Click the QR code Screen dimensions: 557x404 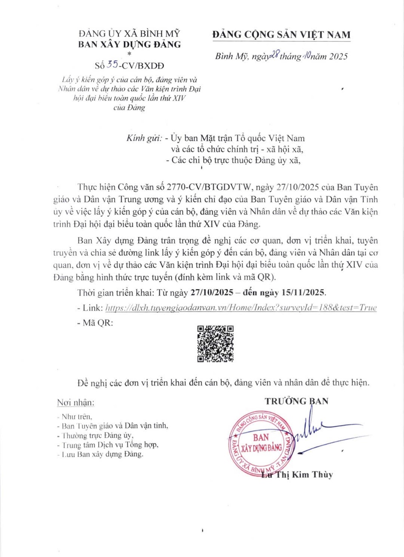[x=216, y=344]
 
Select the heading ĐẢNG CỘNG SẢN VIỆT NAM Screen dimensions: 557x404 [x=282, y=35]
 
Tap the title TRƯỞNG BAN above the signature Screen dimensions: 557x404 [x=296, y=401]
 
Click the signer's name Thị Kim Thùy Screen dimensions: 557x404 [x=301, y=475]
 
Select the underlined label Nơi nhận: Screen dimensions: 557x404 [x=76, y=402]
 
